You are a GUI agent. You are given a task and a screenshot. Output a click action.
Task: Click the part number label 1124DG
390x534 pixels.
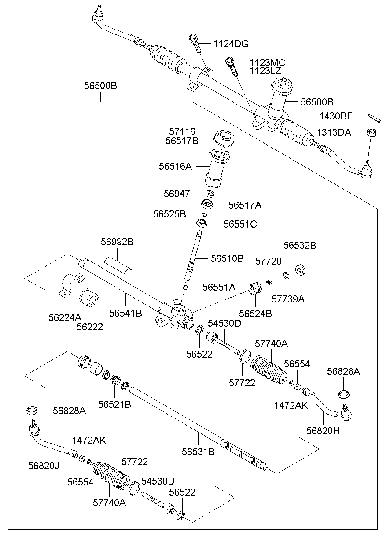(231, 44)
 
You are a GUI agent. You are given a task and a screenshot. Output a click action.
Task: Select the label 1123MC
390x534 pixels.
(267, 63)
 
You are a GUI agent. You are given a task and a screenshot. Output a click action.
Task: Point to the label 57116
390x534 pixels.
(182, 131)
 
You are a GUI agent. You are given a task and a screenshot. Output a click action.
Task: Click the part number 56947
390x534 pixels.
(177, 194)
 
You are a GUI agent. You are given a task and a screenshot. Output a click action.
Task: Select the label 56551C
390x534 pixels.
(240, 224)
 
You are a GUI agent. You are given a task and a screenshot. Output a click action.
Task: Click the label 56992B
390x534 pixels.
(117, 242)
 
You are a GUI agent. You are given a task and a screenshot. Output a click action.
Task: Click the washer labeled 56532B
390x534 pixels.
(301, 269)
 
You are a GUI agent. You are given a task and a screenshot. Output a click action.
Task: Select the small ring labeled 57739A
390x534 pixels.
(286, 276)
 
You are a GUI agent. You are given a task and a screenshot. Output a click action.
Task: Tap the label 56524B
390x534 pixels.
(255, 314)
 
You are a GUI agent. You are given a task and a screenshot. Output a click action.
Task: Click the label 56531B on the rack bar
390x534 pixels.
(198, 451)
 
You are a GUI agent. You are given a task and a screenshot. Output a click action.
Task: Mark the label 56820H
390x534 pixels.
(323, 431)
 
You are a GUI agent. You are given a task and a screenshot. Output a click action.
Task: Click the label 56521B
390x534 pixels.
(114, 404)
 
